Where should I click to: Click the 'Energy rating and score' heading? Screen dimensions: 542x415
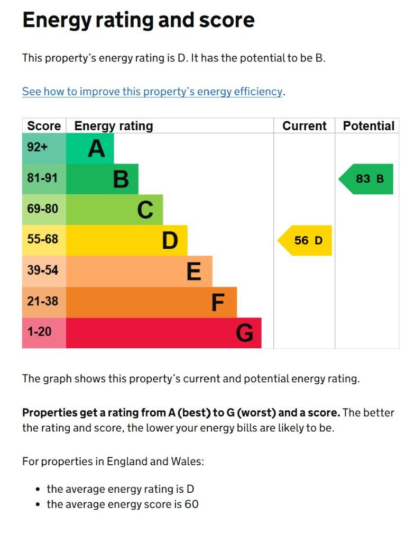coord(138,20)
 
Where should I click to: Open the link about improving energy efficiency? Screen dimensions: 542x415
coord(152,92)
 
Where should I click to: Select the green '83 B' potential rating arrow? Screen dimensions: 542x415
coord(367,179)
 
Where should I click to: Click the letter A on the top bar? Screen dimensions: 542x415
coord(96,149)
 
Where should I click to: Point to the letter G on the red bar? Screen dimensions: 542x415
coord(244,333)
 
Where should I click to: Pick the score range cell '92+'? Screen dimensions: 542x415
coord(38,147)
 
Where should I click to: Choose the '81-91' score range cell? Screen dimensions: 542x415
coord(42,178)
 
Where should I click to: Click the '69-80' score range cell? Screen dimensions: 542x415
coord(42,209)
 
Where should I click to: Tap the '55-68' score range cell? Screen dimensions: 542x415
coord(42,240)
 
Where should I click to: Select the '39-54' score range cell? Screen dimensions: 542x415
coord(42,270)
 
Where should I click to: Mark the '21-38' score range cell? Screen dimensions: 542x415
coord(42,301)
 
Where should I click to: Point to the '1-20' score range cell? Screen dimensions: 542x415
coord(40,332)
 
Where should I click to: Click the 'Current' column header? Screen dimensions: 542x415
coord(305,126)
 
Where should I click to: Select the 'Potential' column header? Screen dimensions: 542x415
coord(368,126)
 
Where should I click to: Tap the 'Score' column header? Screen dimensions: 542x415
coord(44,126)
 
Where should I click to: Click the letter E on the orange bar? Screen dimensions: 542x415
coord(194,272)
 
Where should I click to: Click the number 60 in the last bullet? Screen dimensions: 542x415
coord(191,504)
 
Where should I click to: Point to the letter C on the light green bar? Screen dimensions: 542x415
coord(145,210)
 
